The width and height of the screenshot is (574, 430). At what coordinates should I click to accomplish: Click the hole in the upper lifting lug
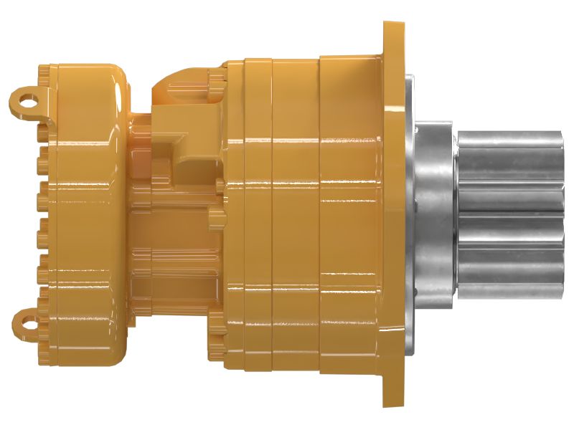click(x=27, y=100)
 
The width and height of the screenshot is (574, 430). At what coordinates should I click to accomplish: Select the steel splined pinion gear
click(x=509, y=215)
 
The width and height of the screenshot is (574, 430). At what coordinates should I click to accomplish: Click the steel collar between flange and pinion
click(x=438, y=215)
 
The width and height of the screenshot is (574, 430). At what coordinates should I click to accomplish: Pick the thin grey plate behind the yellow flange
click(x=410, y=215)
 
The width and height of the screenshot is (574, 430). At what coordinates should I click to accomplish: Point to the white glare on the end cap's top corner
click(x=115, y=79)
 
